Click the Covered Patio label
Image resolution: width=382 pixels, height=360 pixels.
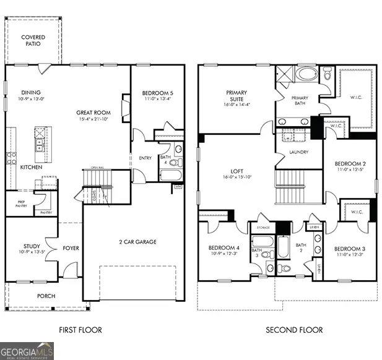(33, 41)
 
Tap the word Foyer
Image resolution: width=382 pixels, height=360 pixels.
(71, 249)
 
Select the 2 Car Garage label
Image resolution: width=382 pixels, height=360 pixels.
(132, 242)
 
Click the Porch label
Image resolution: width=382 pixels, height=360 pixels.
(45, 296)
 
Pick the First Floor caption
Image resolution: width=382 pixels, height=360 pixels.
(80, 330)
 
